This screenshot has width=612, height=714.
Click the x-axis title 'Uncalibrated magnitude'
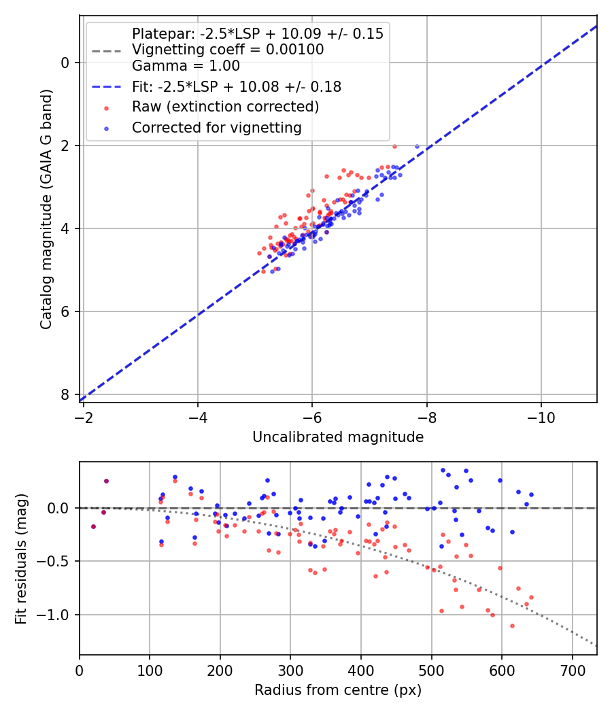coord(338,437)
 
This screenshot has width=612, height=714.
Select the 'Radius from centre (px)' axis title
coord(338,690)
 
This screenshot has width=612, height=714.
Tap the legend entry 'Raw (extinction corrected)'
coord(225,107)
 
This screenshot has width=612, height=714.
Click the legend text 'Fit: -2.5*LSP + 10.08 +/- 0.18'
coord(236,87)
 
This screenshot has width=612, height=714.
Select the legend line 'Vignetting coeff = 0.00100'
coord(228,50)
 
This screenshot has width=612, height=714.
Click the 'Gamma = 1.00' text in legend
coord(186,66)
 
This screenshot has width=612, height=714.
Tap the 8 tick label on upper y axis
coord(66,394)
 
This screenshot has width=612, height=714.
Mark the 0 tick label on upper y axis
coord(66,63)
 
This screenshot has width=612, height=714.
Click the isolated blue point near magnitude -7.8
coord(417,146)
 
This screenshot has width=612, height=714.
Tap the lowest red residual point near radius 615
coord(512,626)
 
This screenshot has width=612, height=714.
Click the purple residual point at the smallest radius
coord(93,526)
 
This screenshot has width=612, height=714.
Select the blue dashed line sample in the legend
coord(105,87)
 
